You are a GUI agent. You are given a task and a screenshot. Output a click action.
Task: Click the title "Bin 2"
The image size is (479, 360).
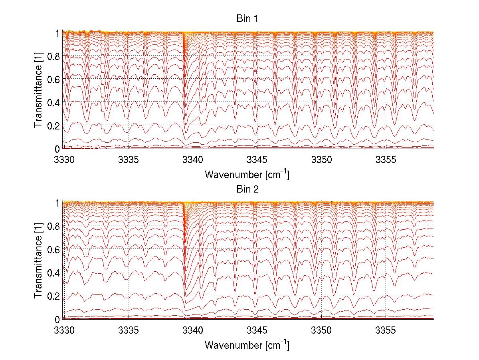(247, 189)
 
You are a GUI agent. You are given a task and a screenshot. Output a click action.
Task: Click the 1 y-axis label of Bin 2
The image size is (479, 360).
(58, 203)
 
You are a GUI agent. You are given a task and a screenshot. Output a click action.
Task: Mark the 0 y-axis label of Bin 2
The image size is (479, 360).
(58, 319)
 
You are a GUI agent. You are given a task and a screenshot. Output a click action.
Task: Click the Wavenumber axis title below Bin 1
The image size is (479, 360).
(247, 175)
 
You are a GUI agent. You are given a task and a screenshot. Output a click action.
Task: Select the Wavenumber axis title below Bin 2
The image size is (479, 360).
(247, 345)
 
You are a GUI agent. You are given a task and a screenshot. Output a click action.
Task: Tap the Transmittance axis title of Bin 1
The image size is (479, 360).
(38, 90)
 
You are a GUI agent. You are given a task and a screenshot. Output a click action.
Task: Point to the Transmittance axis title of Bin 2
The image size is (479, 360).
(38, 261)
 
